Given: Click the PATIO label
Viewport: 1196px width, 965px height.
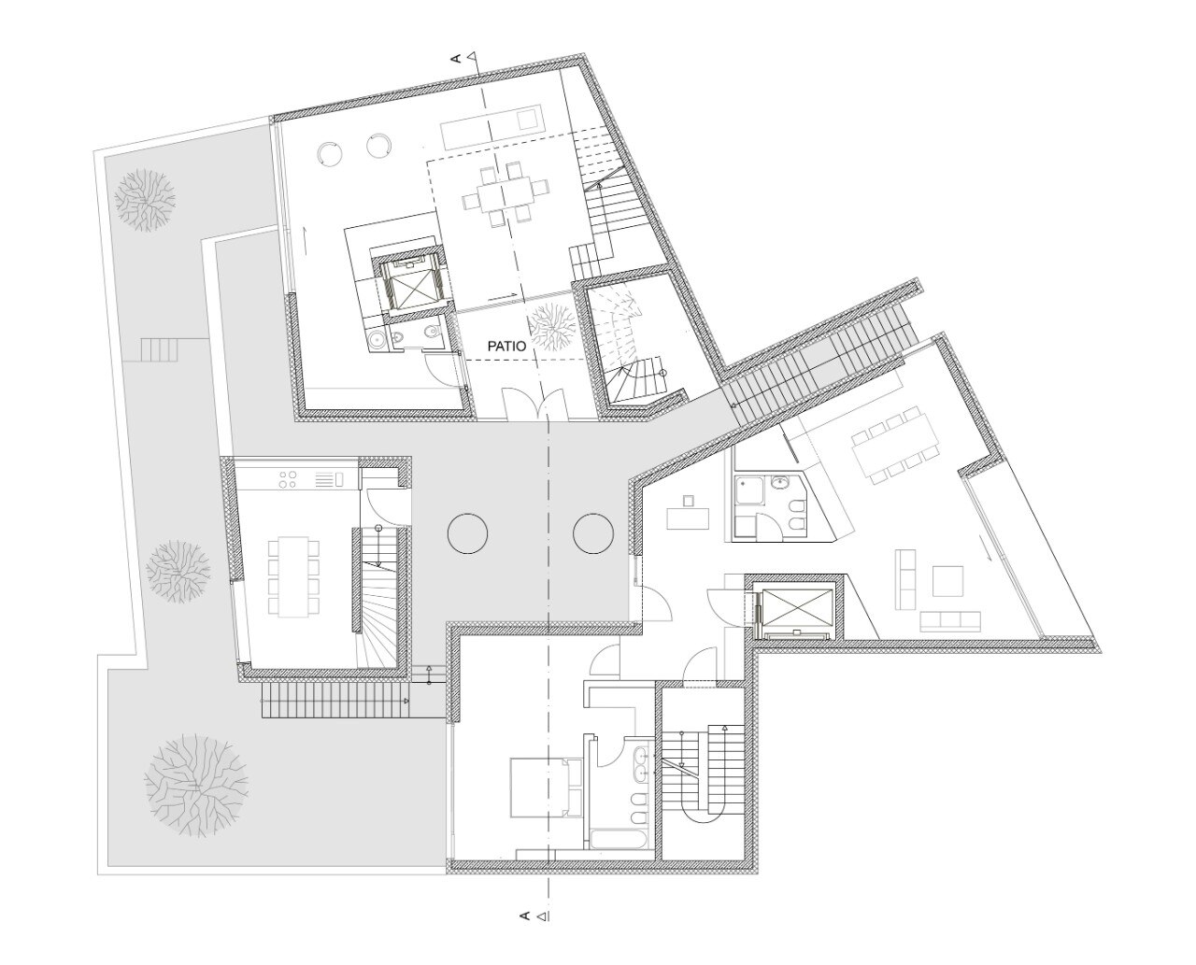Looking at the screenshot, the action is coord(507,347).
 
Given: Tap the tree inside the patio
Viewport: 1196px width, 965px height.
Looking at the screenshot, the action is coord(552,327).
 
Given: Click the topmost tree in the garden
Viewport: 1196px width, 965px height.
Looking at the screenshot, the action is coord(145,200).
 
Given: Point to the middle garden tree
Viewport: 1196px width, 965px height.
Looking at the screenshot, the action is coord(178,572).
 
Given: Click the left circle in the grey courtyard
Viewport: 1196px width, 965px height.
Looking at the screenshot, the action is coord(467,533).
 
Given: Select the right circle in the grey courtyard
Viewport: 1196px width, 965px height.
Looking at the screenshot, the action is coord(593,533).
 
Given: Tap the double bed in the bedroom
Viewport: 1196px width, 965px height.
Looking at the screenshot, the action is coord(546,788).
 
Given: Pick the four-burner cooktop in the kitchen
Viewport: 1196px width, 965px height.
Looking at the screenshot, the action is coord(289,479).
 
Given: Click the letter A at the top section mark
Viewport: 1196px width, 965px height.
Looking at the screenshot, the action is coord(458,58).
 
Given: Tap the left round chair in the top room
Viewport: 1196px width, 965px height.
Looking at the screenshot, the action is coord(329,151).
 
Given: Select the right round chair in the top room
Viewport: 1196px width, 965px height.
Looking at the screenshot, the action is coord(378,145).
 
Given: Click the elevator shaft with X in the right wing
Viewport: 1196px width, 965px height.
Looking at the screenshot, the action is coord(795,608).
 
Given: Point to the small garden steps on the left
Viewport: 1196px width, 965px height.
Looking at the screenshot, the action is coord(159,350).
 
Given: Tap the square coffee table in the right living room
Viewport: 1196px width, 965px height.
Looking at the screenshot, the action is coord(947,580).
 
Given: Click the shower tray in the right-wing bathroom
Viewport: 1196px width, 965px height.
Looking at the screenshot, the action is coord(749,491).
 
